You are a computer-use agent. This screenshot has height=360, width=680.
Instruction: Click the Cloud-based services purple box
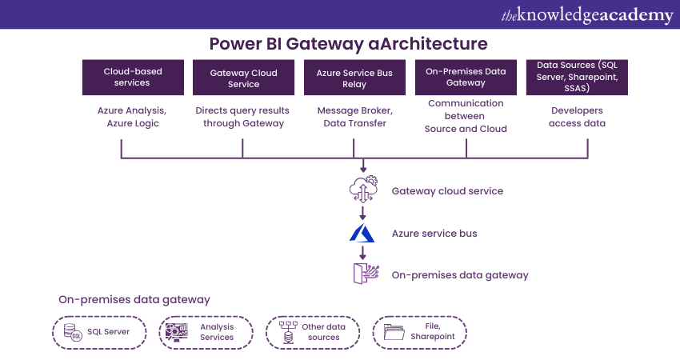pos(132,77)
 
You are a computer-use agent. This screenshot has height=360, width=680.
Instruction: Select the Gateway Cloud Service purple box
pos(243,78)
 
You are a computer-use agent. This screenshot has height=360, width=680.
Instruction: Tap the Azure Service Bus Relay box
pos(354,78)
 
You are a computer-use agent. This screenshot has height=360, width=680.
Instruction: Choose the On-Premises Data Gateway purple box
pos(466,78)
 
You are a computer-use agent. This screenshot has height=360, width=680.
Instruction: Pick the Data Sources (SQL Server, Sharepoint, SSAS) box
pos(577,77)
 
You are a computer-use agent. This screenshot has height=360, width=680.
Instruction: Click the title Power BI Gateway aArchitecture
pos(348,42)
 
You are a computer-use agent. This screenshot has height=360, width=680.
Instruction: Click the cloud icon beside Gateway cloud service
pos(363,190)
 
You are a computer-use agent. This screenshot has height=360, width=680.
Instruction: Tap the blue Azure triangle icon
pos(362,233)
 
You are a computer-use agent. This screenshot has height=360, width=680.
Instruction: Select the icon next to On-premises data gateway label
pos(364,274)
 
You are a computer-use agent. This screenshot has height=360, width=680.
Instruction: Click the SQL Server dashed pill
pos(101,332)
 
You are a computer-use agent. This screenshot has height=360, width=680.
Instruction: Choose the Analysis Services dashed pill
pos(206,332)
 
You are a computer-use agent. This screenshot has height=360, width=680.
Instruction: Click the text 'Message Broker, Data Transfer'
pos(352,117)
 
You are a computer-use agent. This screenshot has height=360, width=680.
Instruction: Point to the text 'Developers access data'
pos(577,117)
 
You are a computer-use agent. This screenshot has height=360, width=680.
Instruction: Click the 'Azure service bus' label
pos(434,234)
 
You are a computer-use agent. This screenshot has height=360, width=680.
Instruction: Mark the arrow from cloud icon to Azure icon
pos(363,213)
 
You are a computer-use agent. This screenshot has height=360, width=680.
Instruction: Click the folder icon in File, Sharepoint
pos(394,332)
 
